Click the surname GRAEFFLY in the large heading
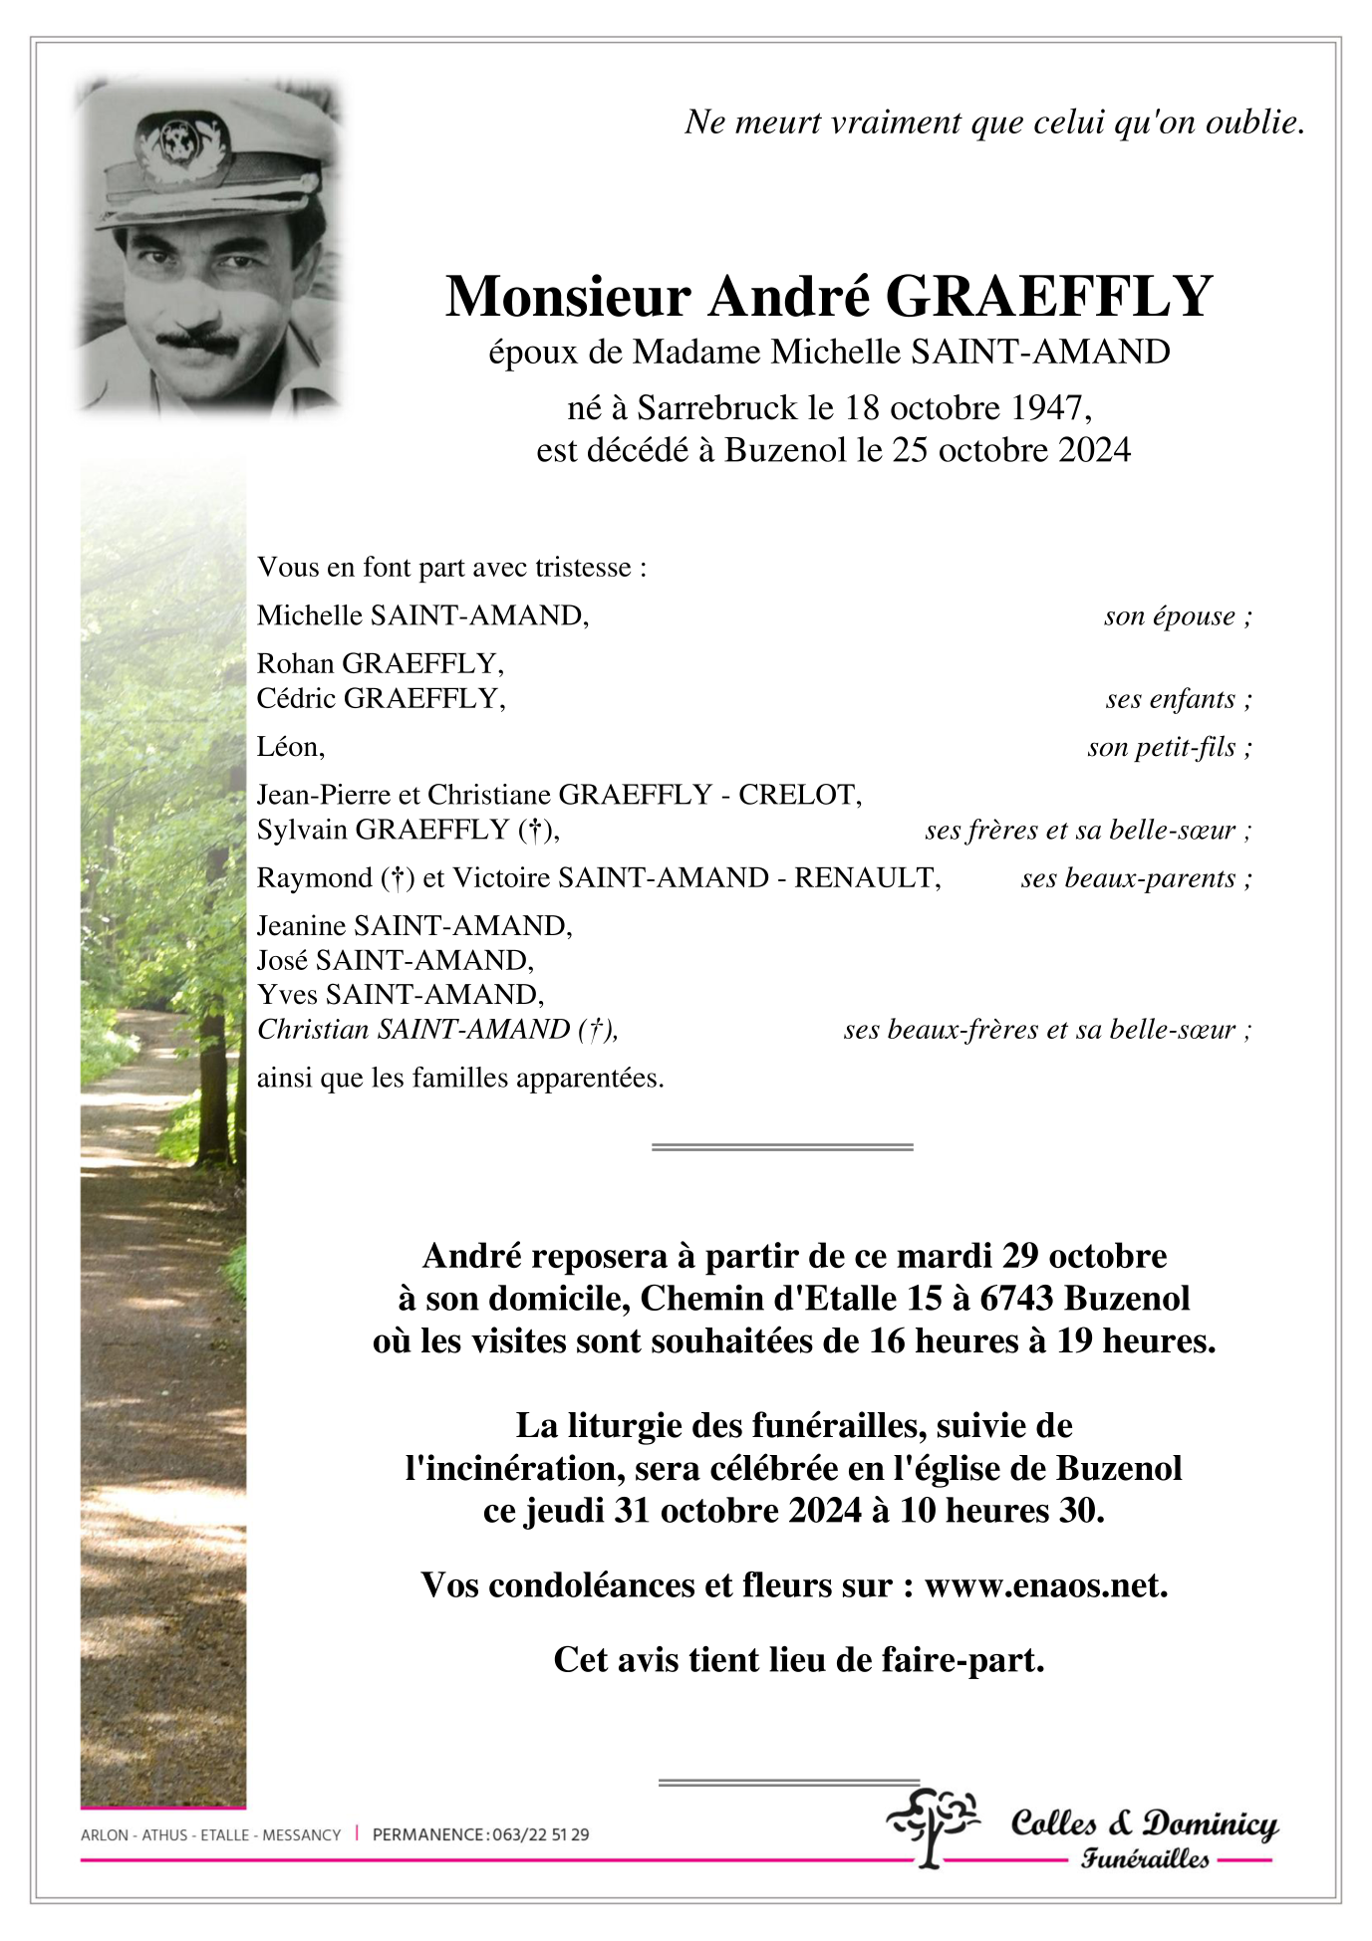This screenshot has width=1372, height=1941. pyautogui.click(x=1048, y=297)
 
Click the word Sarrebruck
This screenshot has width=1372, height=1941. pyautogui.click(x=717, y=407)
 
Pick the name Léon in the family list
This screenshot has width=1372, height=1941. pyautogui.click(x=290, y=746)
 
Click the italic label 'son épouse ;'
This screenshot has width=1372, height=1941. pyautogui.click(x=1177, y=615)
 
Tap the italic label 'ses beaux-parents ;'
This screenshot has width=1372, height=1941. pyautogui.click(x=1136, y=877)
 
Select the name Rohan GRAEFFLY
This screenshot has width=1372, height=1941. pyautogui.click(x=380, y=663)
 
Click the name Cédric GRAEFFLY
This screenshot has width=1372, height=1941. pyautogui.click(x=381, y=698)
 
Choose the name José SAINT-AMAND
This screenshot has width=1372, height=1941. pyautogui.click(x=395, y=960)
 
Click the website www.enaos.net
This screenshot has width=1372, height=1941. pyautogui.click(x=1045, y=1584)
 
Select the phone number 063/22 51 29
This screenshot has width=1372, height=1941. pyautogui.click(x=539, y=1834)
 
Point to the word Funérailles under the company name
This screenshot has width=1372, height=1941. pyautogui.click(x=1145, y=1858)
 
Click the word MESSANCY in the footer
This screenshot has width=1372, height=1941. pyautogui.click(x=301, y=1834)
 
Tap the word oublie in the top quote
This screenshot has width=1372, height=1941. pyautogui.click(x=1249, y=121)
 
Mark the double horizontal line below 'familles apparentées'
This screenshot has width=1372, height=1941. pyautogui.click(x=782, y=1147)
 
